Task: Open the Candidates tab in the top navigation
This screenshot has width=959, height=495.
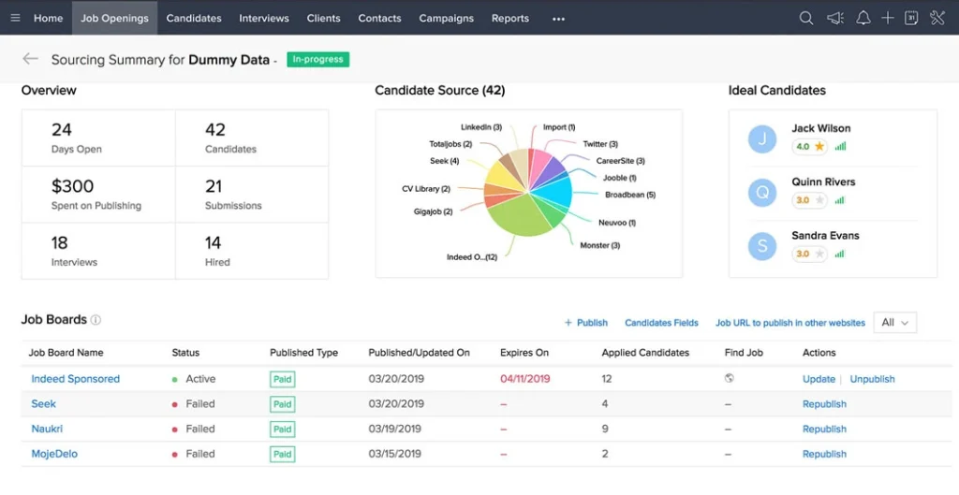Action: tap(194, 18)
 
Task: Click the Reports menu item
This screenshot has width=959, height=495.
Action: tap(510, 18)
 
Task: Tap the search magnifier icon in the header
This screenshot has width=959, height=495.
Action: tap(805, 18)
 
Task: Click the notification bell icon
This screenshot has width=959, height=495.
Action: tap(863, 18)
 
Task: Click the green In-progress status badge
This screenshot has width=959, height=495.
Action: tap(317, 59)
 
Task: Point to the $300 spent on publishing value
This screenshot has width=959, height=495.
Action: tap(73, 186)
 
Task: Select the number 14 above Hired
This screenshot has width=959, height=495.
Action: tap(214, 243)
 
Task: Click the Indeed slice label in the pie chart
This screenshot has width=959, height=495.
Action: tap(472, 257)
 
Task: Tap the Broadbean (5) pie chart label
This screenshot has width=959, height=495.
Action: tap(629, 195)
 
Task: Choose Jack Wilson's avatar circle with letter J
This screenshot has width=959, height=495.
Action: tap(762, 139)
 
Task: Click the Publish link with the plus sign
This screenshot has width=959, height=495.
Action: tap(586, 323)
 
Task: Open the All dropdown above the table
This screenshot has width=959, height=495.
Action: tap(894, 322)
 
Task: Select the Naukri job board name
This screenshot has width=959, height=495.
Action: tap(47, 429)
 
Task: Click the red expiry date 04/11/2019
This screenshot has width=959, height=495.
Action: tap(525, 379)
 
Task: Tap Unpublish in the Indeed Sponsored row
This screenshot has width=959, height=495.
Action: tap(872, 379)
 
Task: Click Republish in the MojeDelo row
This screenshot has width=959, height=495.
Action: tap(824, 454)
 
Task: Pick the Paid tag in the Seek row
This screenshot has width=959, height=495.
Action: tap(282, 404)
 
